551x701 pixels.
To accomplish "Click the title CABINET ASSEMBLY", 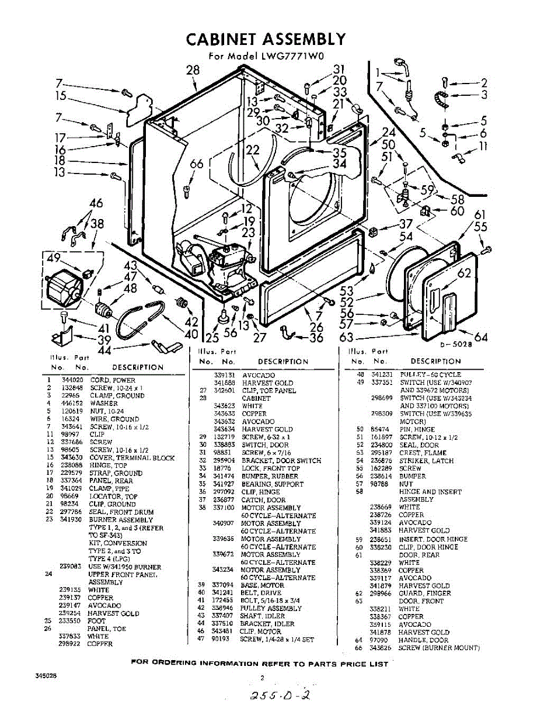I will [266, 39].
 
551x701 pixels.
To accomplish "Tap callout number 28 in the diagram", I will [193, 70].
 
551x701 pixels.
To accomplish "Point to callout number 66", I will [197, 164].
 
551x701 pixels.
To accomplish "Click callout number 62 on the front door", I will [465, 273].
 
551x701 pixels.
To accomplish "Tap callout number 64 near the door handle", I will [481, 336].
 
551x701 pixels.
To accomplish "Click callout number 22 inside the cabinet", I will [252, 150].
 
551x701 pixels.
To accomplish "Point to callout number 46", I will [96, 203].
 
